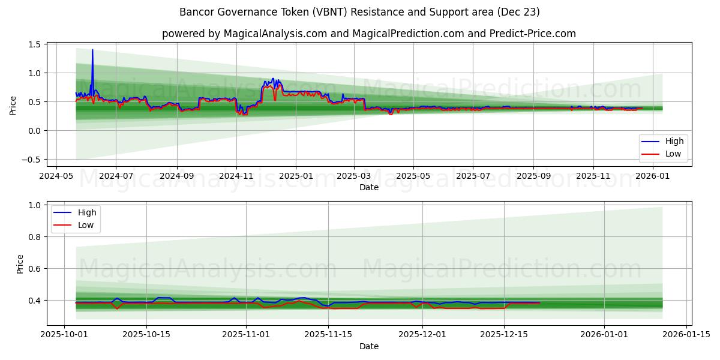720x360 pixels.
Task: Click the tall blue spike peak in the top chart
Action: point(92,50)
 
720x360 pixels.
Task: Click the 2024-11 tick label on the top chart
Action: point(236,176)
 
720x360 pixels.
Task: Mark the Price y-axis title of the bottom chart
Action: point(20,264)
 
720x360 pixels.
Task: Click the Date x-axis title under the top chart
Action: point(368,187)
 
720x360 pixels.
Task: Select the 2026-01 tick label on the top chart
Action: point(652,176)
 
